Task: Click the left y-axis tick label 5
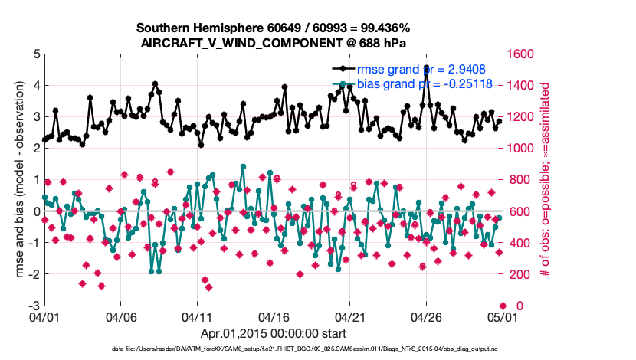[35, 54]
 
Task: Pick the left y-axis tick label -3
[33, 306]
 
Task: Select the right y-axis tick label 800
[520, 180]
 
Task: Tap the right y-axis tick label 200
[520, 274]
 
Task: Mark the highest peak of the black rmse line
[427, 67]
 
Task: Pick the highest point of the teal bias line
[243, 166]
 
